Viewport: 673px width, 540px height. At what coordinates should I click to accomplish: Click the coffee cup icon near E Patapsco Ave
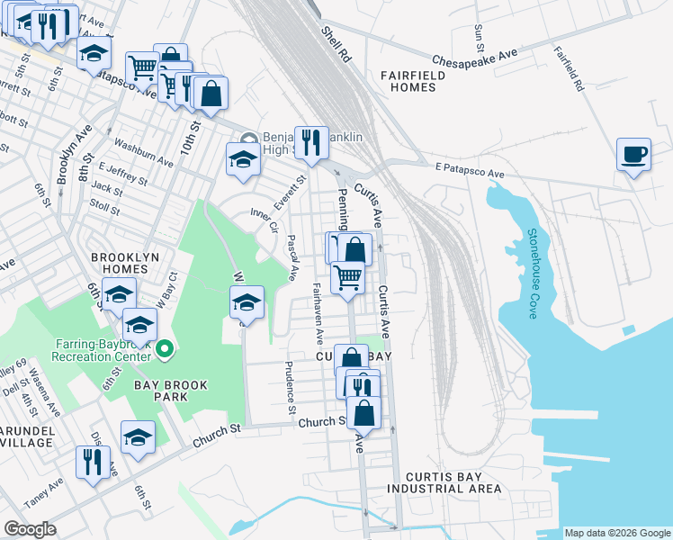click(x=633, y=154)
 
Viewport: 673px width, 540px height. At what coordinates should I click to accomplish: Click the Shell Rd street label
click(x=335, y=43)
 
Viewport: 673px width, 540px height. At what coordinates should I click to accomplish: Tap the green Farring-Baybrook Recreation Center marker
click(x=164, y=349)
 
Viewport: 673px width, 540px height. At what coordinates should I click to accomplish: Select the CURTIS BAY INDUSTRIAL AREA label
click(x=444, y=482)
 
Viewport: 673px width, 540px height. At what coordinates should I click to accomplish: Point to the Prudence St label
click(x=290, y=388)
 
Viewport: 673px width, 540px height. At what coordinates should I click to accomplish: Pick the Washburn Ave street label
click(x=143, y=153)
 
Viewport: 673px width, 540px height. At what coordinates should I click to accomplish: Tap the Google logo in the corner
click(x=31, y=529)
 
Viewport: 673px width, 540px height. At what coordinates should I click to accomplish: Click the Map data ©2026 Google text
click(x=616, y=533)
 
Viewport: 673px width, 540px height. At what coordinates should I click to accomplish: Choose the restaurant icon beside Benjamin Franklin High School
click(x=310, y=142)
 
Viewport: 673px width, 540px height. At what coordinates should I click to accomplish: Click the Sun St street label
click(x=479, y=39)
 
